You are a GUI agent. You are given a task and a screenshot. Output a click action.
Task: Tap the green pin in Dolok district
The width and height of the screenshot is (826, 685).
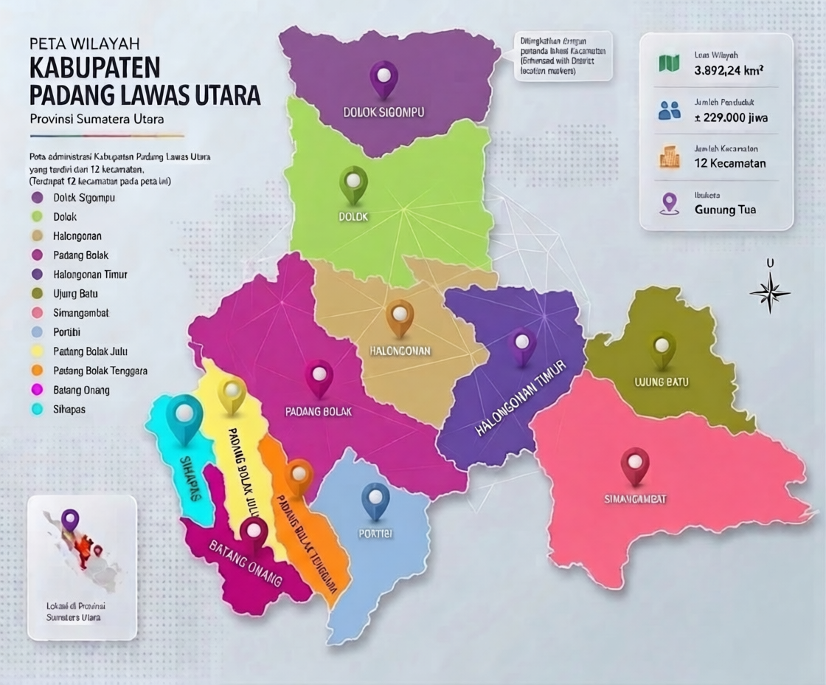click(353, 182)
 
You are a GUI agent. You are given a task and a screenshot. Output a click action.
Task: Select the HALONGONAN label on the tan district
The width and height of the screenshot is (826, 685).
click(400, 351)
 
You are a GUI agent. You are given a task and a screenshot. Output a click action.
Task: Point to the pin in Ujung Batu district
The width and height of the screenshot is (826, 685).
click(662, 348)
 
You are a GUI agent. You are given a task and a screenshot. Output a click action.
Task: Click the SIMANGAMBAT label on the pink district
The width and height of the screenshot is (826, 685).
click(635, 500)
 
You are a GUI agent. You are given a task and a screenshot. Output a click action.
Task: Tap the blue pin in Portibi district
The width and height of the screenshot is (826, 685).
click(375, 499)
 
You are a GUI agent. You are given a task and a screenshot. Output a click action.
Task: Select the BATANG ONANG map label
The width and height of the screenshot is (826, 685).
click(246, 565)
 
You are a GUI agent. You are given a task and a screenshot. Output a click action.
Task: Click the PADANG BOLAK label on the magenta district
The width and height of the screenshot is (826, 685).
click(319, 411)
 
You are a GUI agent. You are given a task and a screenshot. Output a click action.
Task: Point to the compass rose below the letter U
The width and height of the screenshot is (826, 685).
click(770, 292)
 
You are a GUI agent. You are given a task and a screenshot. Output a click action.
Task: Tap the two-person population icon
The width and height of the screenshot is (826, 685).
click(669, 111)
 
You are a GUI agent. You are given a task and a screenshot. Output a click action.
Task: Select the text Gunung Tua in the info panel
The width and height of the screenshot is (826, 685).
click(725, 210)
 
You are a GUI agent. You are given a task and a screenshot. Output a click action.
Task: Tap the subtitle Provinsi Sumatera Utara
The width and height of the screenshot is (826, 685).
click(97, 118)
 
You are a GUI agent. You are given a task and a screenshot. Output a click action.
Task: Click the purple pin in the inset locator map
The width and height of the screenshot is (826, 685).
click(70, 518)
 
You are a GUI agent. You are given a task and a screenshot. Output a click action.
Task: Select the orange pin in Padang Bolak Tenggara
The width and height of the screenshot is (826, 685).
click(299, 475)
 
